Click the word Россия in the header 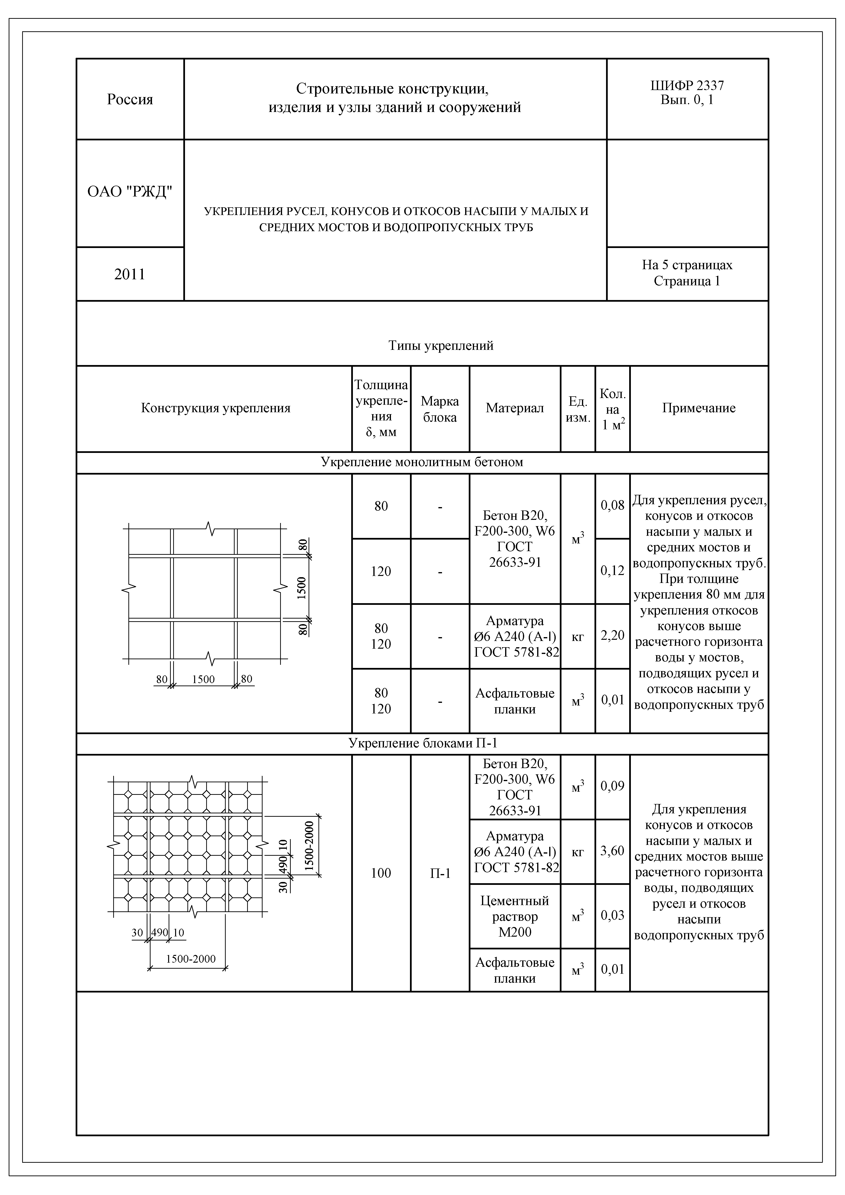130,99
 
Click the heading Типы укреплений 441,346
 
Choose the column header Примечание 699,408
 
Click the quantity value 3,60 612,850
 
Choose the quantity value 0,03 612,915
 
